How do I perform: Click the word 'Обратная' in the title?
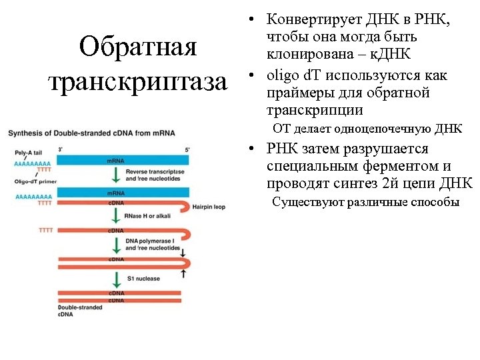137,47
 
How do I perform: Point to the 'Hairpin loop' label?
209,207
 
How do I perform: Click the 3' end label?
61,149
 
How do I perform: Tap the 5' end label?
187,149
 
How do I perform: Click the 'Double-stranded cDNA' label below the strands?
32,310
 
